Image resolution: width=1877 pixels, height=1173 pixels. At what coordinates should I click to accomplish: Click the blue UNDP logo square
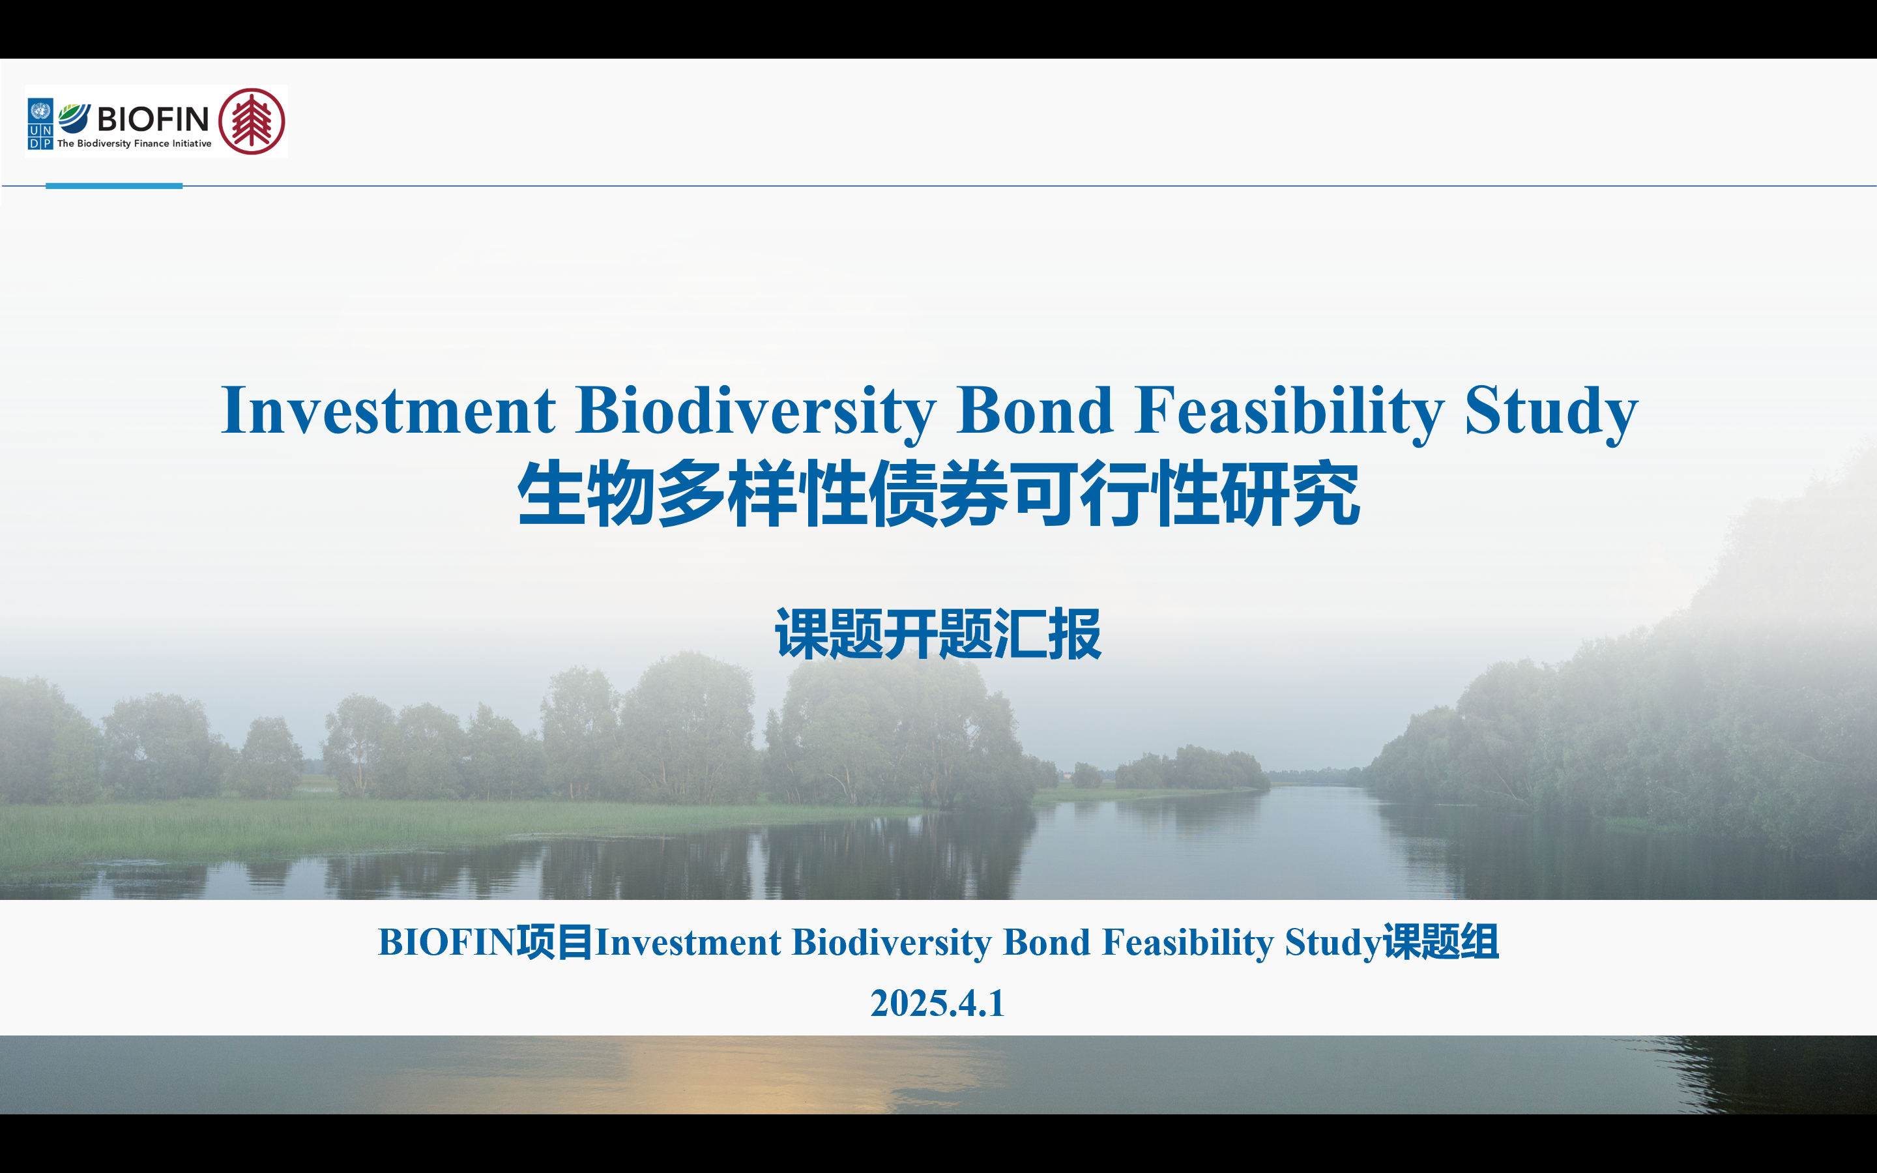coord(40,123)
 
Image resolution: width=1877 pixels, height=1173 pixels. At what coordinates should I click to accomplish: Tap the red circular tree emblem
coord(252,121)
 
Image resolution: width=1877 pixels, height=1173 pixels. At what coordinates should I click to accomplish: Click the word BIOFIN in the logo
coord(153,119)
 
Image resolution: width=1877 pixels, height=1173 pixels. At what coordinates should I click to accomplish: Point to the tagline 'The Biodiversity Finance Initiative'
coord(134,143)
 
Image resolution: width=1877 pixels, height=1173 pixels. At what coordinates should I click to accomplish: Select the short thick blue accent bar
coord(114,186)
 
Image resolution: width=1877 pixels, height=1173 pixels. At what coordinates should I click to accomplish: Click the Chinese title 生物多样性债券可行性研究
coord(938,494)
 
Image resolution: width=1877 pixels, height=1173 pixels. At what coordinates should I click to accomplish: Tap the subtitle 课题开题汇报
coord(938,635)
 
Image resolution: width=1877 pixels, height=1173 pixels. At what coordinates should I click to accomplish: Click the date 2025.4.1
coord(938,1003)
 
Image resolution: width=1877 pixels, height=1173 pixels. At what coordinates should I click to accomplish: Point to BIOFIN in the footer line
coord(446,942)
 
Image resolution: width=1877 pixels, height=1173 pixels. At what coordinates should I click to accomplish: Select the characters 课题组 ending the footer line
coord(1441,942)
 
